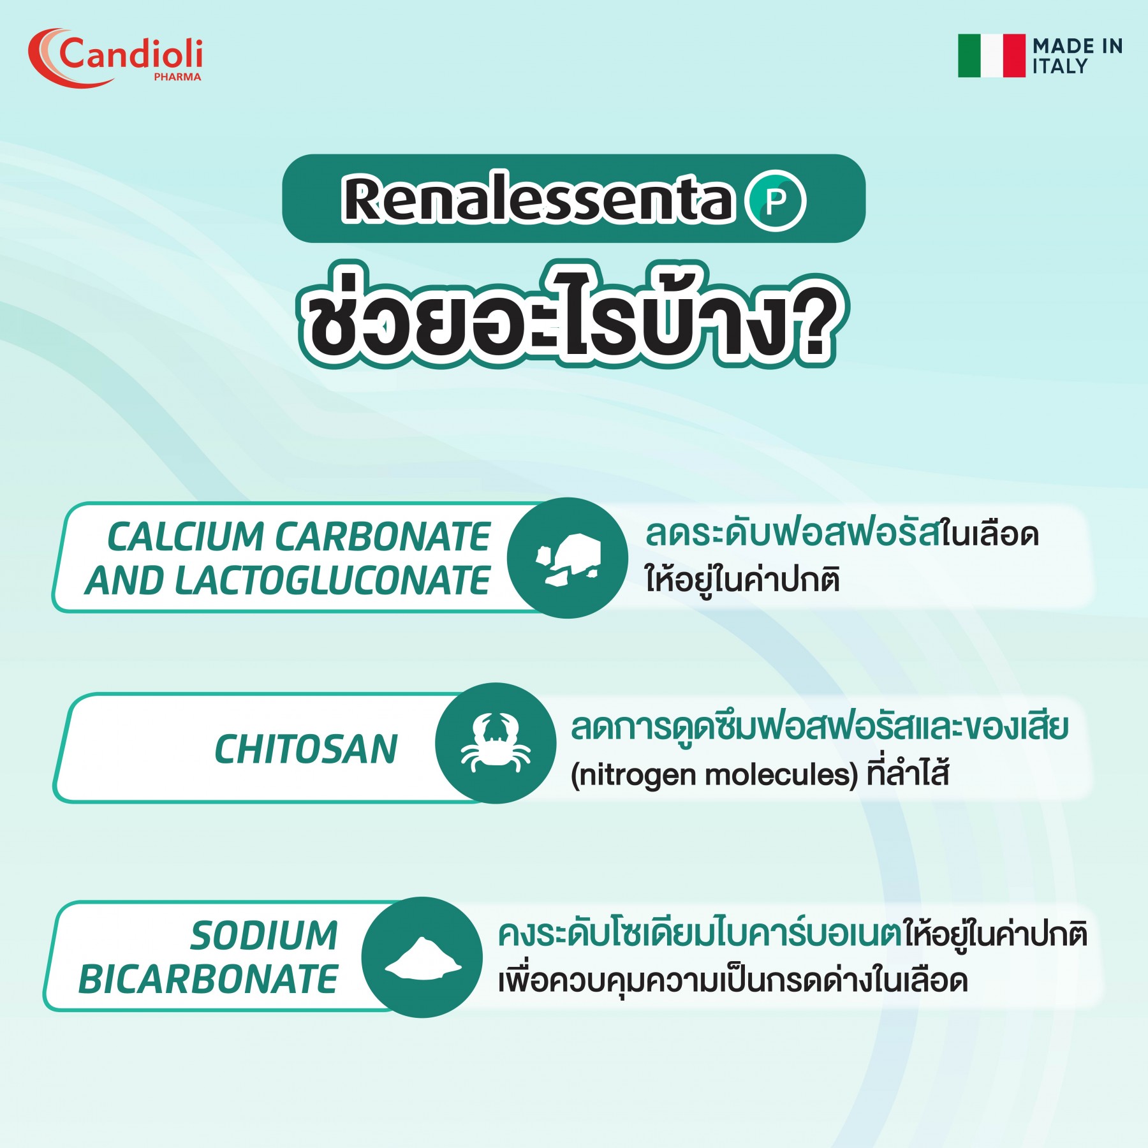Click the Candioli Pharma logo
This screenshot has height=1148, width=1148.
(x=115, y=57)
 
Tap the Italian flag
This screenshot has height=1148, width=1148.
(x=992, y=55)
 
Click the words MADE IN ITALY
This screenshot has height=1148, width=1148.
(x=1077, y=56)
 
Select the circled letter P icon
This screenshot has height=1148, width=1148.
(x=776, y=201)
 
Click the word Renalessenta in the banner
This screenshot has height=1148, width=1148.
(x=539, y=199)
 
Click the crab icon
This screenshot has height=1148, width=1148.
(x=496, y=743)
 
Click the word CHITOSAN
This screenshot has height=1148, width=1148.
(x=306, y=749)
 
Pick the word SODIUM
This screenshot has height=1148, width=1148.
(x=264, y=936)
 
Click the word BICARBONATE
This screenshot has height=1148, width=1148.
(x=208, y=980)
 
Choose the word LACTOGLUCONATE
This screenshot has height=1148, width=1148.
(x=332, y=580)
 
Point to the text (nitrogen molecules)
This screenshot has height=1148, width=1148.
(x=714, y=775)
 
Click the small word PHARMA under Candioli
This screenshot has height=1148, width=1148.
(x=177, y=77)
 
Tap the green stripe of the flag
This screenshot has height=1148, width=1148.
(x=969, y=55)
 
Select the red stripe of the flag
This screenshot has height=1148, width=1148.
(x=1014, y=55)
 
